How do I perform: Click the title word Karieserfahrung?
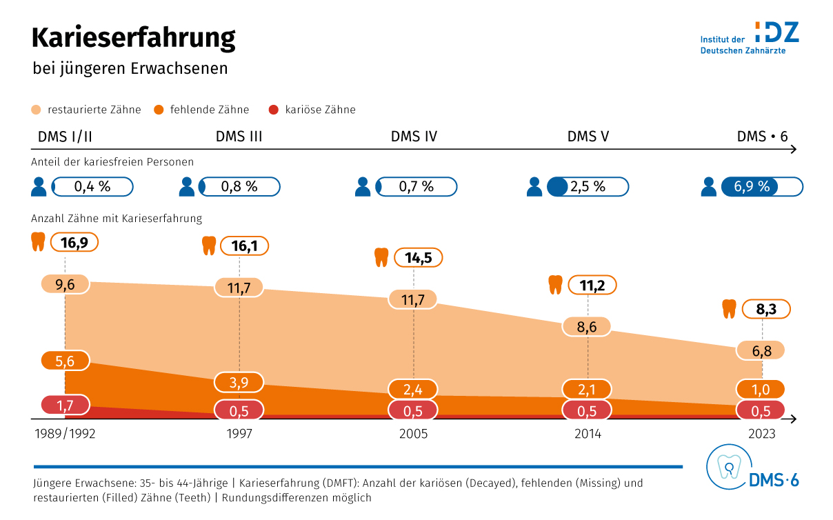point(134,39)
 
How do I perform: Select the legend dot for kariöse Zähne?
point(274,110)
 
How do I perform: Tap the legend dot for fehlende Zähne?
point(159,110)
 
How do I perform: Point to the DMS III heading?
point(239,137)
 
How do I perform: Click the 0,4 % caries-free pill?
point(92,187)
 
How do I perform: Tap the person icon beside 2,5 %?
point(534,187)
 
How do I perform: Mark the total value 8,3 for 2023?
point(766,310)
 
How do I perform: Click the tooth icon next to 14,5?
point(381,258)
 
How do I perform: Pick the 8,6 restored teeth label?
point(587,326)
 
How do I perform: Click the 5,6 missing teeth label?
point(65,361)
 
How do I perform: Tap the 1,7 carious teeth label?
point(65,405)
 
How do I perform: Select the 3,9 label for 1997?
point(239,383)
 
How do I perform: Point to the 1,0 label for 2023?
point(761,389)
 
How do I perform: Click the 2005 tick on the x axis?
point(413,434)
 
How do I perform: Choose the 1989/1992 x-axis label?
point(65,434)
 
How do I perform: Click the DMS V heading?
point(588,137)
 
